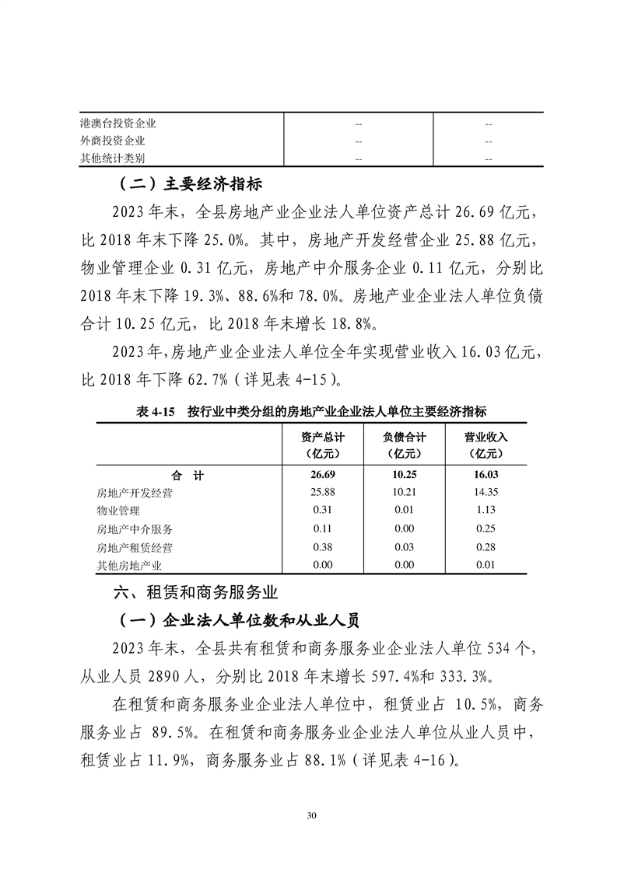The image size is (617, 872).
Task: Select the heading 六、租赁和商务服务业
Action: click(x=195, y=593)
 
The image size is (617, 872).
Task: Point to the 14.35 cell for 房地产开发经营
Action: click(x=486, y=493)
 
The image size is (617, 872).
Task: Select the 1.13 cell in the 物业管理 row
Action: click(x=486, y=511)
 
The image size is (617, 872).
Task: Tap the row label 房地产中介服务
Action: click(x=134, y=529)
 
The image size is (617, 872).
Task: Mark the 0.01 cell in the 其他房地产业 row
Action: click(x=486, y=565)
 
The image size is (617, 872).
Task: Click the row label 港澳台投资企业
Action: click(x=118, y=123)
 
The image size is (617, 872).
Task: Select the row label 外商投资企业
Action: click(x=113, y=141)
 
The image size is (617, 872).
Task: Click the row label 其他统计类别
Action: click(x=113, y=159)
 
